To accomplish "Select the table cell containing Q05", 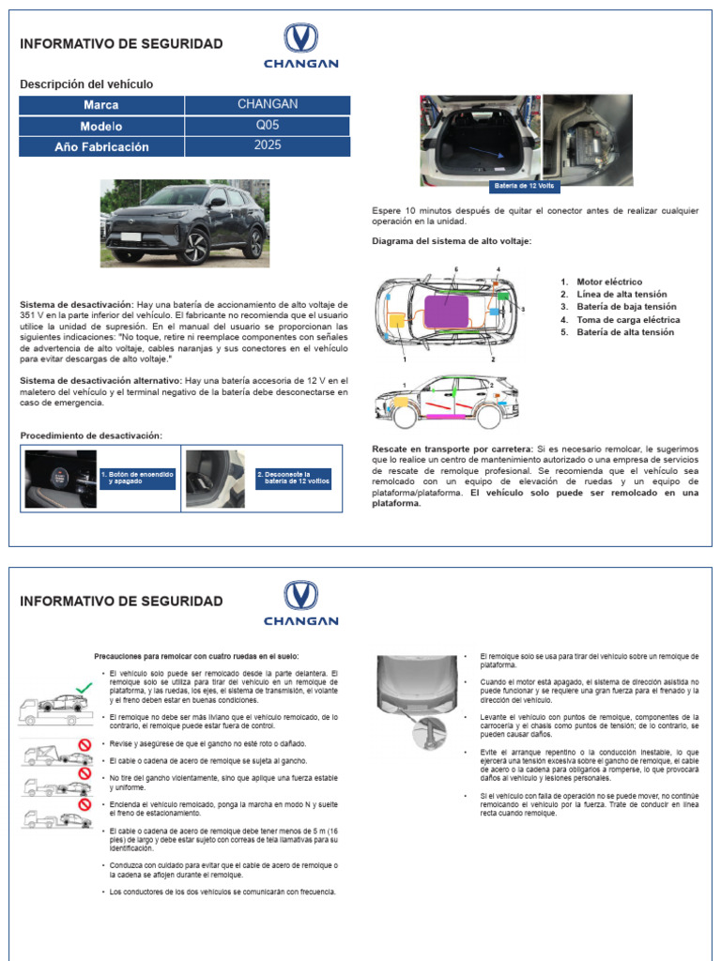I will click(x=268, y=125).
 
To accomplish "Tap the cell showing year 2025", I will click(x=268, y=146).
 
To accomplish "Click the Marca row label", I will click(x=101, y=105).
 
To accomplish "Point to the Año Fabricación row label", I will click(x=101, y=147).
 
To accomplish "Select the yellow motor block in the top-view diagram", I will click(x=398, y=320).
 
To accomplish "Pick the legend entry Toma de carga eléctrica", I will click(x=628, y=319).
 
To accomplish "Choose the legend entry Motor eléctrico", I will click(x=609, y=282).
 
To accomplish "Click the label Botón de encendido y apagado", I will click(x=137, y=479).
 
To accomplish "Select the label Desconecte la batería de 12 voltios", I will click(x=294, y=479).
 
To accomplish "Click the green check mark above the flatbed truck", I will click(x=84, y=688).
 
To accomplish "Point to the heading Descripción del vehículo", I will click(x=86, y=84).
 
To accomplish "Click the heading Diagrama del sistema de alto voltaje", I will click(x=452, y=241).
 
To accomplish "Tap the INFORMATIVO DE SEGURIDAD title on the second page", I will click(x=121, y=601).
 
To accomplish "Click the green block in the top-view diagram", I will click(x=502, y=296).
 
